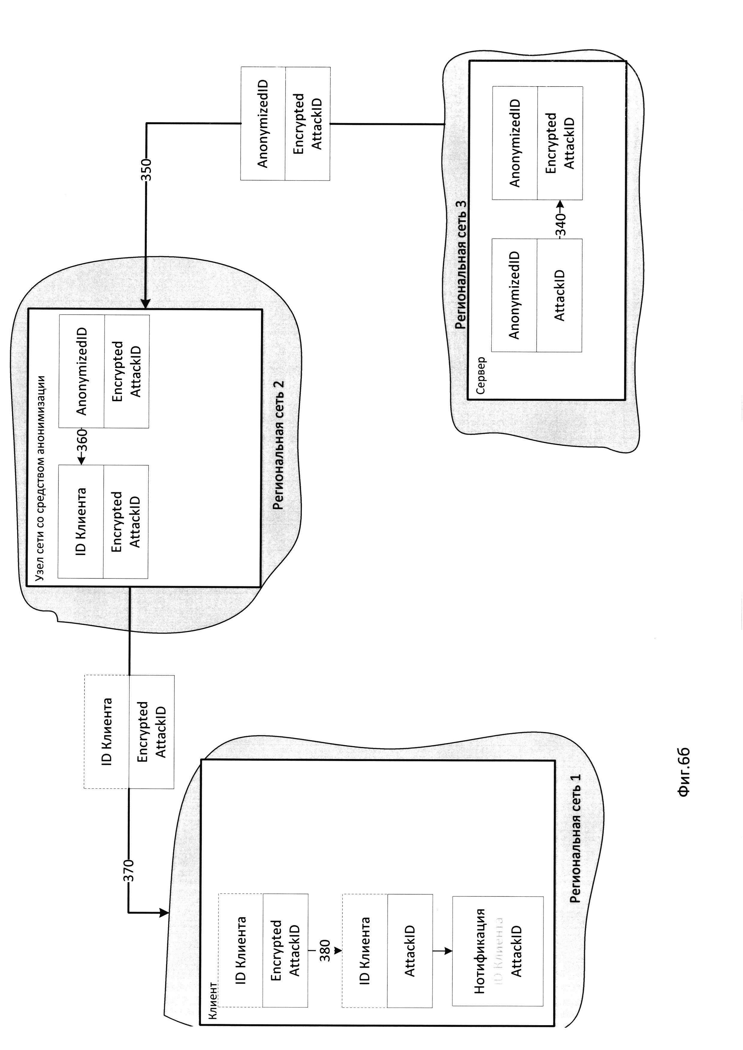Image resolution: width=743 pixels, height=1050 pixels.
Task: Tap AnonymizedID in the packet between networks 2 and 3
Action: [x=263, y=123]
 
